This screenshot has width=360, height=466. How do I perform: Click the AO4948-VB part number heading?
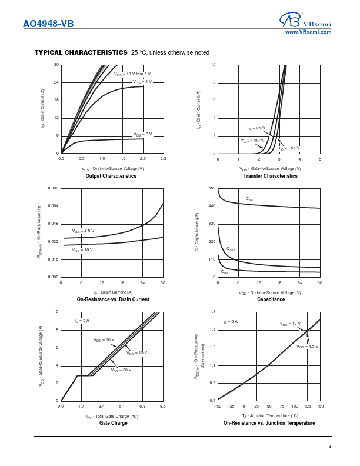(48, 24)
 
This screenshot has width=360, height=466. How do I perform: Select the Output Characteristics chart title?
(111, 176)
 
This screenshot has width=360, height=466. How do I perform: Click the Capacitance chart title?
(271, 299)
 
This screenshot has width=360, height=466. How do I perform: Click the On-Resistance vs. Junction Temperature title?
(269, 423)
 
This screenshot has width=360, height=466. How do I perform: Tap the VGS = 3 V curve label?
(142, 134)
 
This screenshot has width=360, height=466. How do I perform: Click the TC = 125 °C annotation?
(252, 141)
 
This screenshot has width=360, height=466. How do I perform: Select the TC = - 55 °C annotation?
(290, 148)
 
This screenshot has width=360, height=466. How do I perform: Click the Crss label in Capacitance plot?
(225, 272)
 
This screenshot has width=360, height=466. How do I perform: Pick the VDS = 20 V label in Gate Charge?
(121, 370)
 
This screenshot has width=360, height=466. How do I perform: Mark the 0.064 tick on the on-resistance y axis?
(53, 206)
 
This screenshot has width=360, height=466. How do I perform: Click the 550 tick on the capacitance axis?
(212, 188)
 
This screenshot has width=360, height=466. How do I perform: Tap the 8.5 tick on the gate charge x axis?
(162, 406)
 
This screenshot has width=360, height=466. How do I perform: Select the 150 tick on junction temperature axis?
(319, 406)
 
